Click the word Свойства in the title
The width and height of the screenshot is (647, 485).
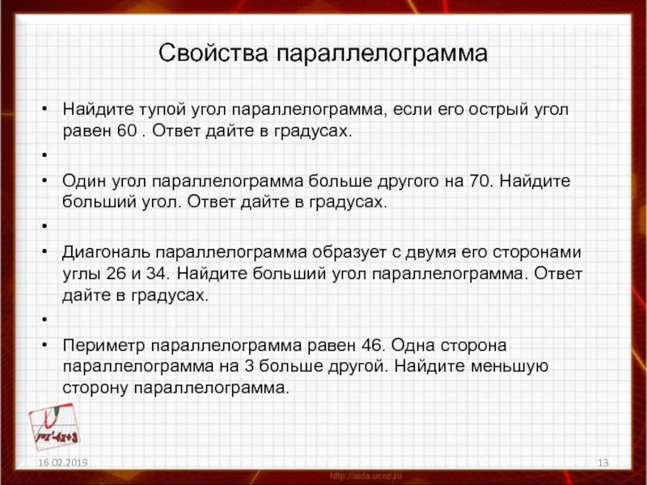coord(213,53)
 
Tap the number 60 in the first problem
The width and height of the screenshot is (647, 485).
coord(127,131)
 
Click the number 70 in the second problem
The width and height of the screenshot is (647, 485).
coord(480,181)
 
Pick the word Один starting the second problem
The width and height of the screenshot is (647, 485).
coord(84,181)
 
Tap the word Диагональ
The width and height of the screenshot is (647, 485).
coord(106,252)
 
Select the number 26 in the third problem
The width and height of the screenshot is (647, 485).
coord(116,273)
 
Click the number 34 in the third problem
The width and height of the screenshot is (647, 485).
coord(157,273)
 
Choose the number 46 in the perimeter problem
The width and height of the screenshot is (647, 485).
coord(372,345)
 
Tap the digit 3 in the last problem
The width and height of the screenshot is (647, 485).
coord(249,367)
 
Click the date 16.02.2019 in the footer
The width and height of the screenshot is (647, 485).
coord(63,462)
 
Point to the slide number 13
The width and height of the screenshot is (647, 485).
coord(603,462)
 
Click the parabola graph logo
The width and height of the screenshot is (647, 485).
coord(54,426)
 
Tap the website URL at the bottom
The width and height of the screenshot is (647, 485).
coord(366,476)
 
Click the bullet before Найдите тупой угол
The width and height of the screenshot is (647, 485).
coord(44,109)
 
